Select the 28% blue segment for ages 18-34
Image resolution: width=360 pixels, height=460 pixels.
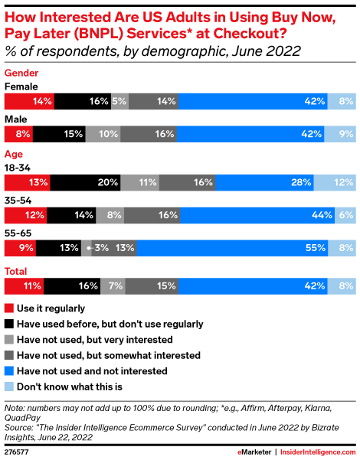point(265,182)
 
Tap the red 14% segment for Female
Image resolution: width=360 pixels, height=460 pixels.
point(29,101)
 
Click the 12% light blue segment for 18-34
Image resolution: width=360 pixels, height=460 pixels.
point(335,182)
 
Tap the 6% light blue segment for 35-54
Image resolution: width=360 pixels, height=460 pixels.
point(345,215)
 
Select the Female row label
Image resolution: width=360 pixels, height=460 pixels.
point(21,86)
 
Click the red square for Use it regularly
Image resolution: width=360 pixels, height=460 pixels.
point(8,308)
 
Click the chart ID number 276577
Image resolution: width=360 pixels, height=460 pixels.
point(19,452)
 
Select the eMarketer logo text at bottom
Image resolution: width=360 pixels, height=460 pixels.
point(246,452)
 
